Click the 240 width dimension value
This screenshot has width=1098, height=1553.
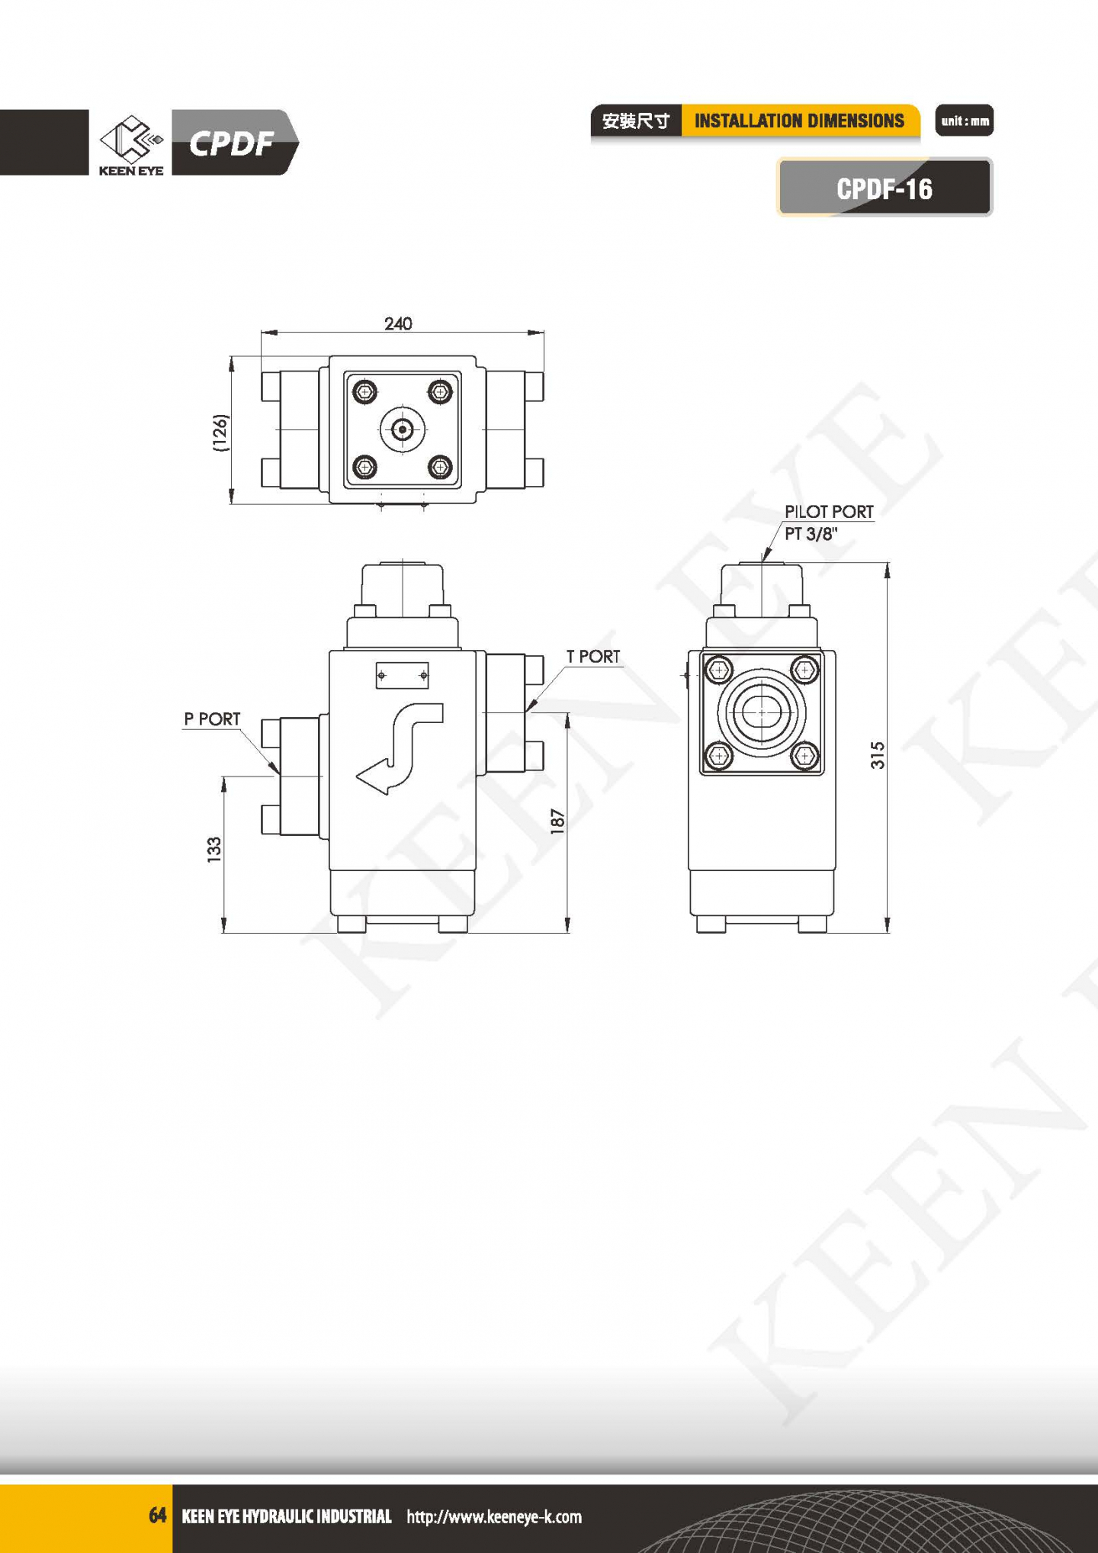tap(398, 323)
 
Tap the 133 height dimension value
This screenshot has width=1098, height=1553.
tap(214, 849)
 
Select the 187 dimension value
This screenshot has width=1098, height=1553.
tap(557, 821)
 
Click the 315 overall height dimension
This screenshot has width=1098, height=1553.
tap(878, 754)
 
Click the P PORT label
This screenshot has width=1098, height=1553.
tap(212, 719)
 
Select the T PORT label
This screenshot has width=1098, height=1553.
tap(593, 656)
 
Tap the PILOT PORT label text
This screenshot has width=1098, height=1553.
tap(829, 511)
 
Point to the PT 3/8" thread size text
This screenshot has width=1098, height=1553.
tap(811, 533)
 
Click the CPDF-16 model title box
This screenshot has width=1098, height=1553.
tap(884, 188)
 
